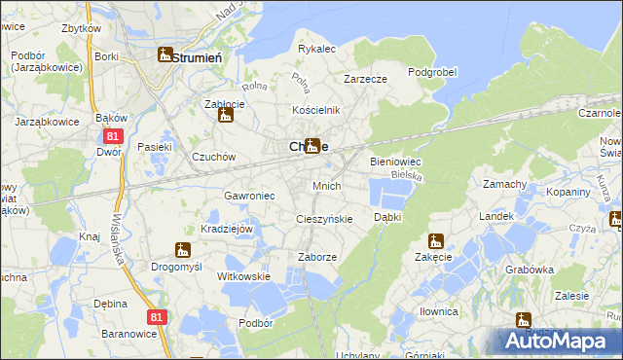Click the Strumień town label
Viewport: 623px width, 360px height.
pyautogui.click(x=199, y=57)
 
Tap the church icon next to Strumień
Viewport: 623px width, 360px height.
pyautogui.click(x=165, y=55)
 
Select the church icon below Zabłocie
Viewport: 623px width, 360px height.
pyautogui.click(x=226, y=117)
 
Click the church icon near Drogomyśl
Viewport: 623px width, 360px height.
pyautogui.click(x=181, y=250)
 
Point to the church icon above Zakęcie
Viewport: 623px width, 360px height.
pyautogui.click(x=435, y=241)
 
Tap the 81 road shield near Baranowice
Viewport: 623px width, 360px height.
pyautogui.click(x=158, y=317)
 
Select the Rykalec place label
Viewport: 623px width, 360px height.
pyautogui.click(x=316, y=48)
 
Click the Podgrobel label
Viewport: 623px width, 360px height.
pyautogui.click(x=431, y=73)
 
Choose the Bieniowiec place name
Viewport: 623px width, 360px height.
pyautogui.click(x=394, y=162)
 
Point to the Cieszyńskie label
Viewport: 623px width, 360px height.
pyautogui.click(x=323, y=219)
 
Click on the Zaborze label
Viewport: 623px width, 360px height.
pyautogui.click(x=316, y=257)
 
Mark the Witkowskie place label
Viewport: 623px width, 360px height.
pyautogui.click(x=242, y=276)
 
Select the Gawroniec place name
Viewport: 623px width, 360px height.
pyautogui.click(x=249, y=195)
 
